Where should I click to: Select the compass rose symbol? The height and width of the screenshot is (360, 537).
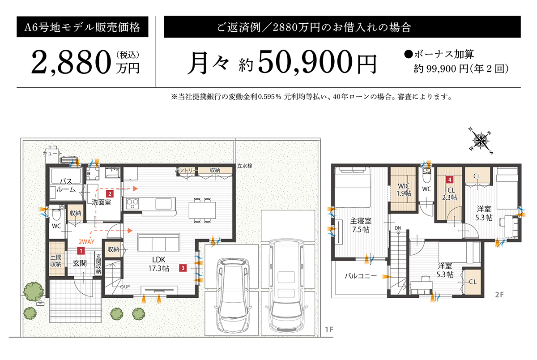480,140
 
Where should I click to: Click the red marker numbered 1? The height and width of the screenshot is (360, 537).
81,251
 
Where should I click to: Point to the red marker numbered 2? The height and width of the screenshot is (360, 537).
110,194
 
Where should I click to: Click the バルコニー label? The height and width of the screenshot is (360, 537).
361,276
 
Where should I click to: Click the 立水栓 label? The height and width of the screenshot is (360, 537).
245,166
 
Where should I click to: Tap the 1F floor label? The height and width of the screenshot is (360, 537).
329,330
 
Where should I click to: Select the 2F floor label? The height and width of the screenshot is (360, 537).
499,295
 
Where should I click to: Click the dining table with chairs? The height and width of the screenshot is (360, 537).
202,209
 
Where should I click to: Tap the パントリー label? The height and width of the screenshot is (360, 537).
185,171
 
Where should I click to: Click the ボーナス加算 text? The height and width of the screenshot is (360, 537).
443,54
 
